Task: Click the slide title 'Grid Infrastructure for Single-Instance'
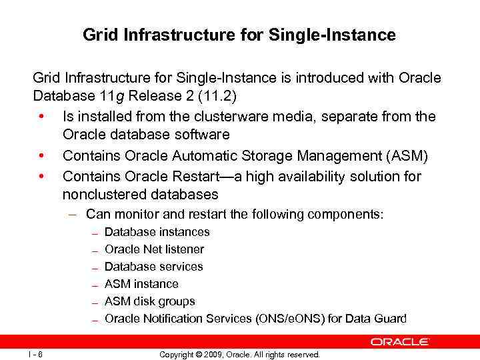239,35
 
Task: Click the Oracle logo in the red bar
400,341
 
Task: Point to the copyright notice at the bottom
239,354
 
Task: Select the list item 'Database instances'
157,232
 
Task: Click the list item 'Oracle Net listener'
155,249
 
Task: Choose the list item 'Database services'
154,267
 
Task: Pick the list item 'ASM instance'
141,284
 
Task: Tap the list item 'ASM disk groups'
150,301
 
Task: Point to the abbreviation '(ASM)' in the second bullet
409,156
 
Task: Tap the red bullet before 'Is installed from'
41,116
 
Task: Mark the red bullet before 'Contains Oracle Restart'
41,176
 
